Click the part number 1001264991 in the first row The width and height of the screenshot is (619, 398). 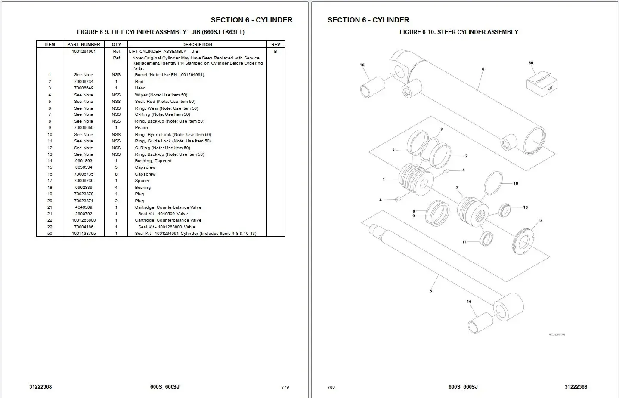84,51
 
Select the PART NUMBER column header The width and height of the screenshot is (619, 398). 84,44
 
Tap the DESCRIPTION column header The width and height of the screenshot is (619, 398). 197,44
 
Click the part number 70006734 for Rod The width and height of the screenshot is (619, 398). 84,81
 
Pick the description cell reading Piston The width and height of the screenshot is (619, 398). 141,128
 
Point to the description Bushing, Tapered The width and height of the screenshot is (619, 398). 153,161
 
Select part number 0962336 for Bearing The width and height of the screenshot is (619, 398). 84,188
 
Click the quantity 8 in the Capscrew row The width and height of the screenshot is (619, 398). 116,174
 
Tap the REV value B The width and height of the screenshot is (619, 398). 275,51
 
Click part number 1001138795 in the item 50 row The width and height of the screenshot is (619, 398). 84,234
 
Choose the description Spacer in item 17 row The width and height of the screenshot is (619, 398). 142,181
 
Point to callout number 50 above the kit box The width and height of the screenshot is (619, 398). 531,63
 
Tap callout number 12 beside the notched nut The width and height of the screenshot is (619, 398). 540,220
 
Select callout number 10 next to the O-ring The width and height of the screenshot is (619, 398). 516,183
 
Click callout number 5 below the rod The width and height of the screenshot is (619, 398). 431,291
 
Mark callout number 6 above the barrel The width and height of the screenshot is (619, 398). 483,69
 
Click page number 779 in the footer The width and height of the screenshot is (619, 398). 285,387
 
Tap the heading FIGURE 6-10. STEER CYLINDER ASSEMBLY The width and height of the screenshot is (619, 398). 458,32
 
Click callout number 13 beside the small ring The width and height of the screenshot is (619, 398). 525,207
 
